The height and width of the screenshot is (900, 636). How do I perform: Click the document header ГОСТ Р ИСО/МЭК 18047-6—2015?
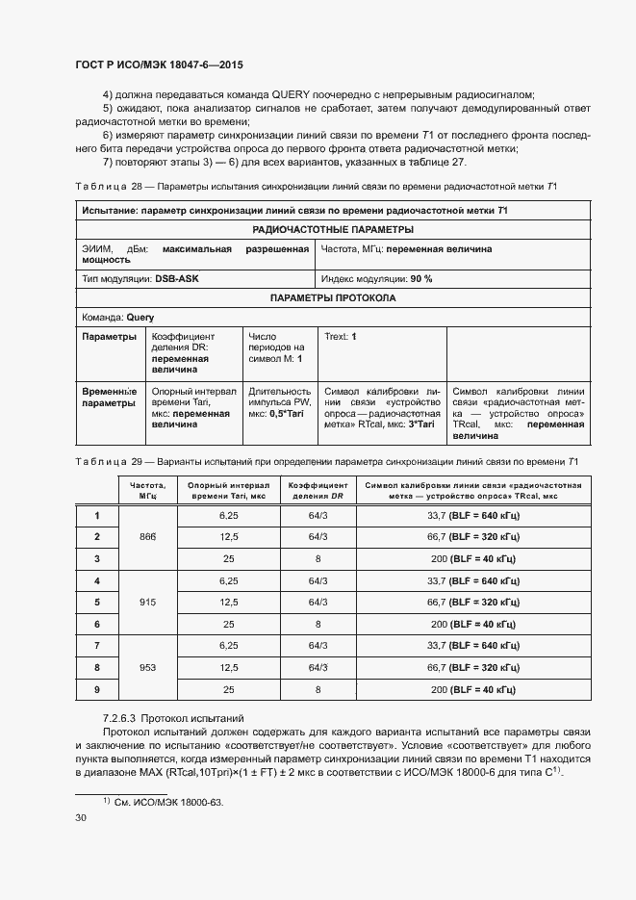tap(158, 64)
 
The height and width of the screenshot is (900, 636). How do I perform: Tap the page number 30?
tap(81, 818)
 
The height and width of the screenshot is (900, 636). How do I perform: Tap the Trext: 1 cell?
tap(341, 337)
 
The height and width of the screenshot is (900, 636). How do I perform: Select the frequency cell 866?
tap(147, 536)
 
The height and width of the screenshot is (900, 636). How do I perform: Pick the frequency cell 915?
tap(147, 603)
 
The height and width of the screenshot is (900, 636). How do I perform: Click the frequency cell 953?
tap(147, 667)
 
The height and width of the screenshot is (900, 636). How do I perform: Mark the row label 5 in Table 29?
tap(97, 603)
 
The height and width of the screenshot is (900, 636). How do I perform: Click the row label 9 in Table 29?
tap(97, 689)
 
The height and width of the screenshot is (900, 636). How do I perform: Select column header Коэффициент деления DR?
tap(318, 490)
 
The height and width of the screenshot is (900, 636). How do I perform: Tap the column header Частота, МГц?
tap(147, 490)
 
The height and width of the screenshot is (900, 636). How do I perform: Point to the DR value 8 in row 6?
tap(318, 624)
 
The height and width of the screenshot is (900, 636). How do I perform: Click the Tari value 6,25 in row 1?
tap(229, 515)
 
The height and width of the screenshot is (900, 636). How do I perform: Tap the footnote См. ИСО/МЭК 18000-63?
tap(163, 802)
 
